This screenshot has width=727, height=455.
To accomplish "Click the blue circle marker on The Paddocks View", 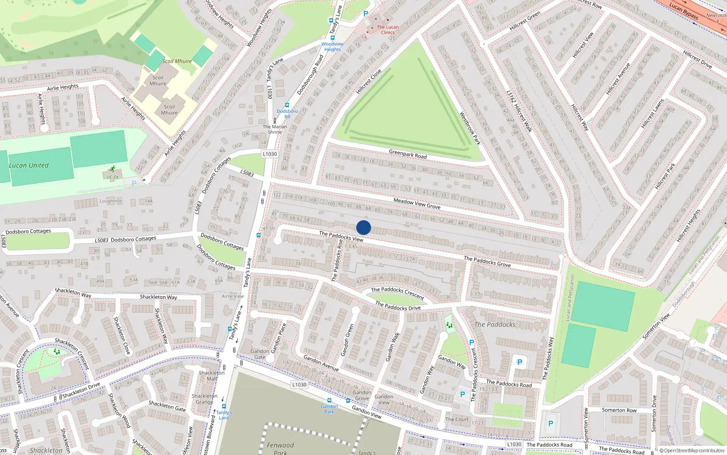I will (x=363, y=227).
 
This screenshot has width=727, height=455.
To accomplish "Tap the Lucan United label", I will (x=29, y=166).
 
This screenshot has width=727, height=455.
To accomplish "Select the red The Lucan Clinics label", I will (x=388, y=30).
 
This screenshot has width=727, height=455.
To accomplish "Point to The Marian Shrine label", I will (x=275, y=129).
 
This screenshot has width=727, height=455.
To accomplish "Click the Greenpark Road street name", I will (x=408, y=154).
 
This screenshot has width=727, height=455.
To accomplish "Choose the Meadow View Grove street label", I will (x=417, y=203).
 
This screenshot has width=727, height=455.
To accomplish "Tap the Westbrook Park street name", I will (x=470, y=128).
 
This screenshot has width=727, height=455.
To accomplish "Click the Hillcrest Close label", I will (x=368, y=82).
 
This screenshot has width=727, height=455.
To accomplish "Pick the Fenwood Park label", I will (x=280, y=448).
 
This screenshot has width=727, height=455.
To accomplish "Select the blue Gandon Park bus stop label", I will (x=329, y=409).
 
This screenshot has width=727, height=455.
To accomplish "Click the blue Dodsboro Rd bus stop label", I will (x=287, y=114).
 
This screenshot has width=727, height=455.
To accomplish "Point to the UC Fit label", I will (x=112, y=177).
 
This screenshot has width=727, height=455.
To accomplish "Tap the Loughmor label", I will (x=110, y=201).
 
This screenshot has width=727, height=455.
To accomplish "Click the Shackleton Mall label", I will (x=212, y=375).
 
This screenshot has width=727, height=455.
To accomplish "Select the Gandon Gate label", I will (x=259, y=354).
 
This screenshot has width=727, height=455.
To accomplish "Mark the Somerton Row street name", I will (x=619, y=410).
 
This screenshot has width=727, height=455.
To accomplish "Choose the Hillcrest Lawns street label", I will (x=652, y=113).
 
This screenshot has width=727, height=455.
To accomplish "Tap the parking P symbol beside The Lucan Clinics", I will (x=366, y=14).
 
